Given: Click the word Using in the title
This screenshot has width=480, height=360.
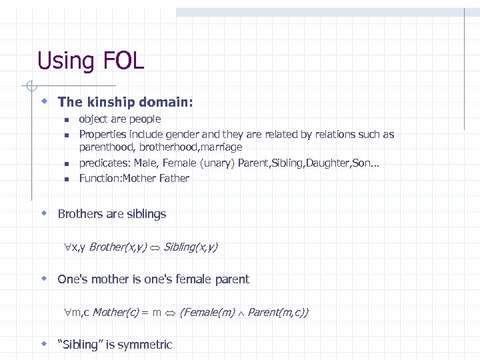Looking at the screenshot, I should (66, 61).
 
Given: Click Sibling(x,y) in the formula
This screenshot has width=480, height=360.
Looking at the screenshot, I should (190, 247).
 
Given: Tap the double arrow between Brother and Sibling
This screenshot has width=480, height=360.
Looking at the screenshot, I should (155, 247).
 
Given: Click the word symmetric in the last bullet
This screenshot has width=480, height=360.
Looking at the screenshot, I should (145, 345).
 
